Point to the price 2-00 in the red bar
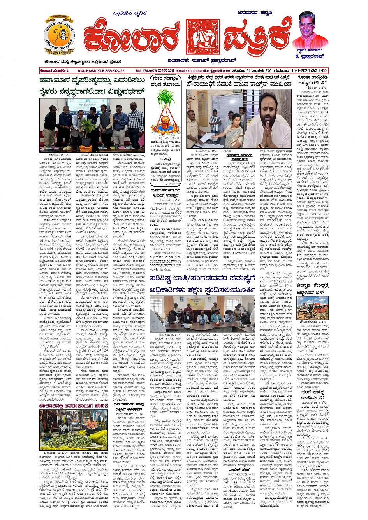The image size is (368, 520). (322, 70)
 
